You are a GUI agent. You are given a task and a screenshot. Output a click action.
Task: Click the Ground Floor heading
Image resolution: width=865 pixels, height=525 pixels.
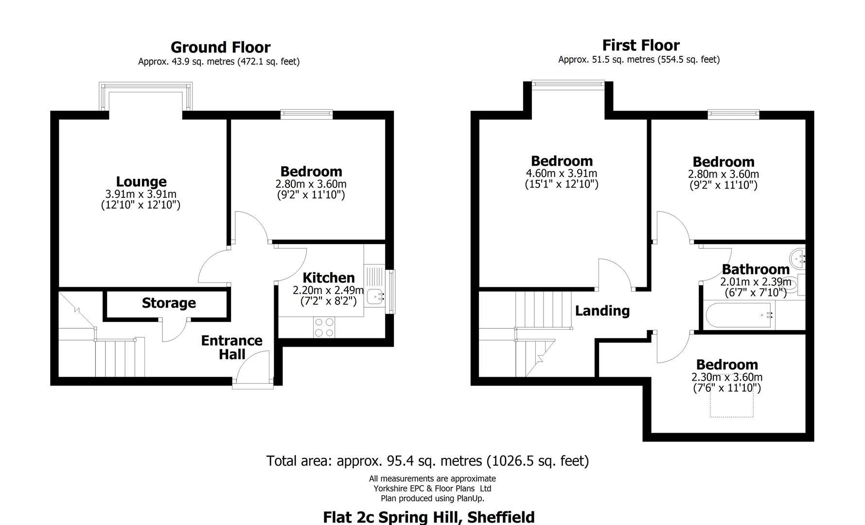point(220,47)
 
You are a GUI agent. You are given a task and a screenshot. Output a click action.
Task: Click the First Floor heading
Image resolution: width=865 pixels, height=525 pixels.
point(640,45)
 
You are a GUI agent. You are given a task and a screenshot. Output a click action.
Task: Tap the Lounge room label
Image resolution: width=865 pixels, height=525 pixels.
point(141,181)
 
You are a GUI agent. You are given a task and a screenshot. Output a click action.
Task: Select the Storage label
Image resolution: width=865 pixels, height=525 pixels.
point(169,303)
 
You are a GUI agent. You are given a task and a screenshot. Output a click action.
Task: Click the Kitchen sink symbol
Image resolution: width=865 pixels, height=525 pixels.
point(375,296)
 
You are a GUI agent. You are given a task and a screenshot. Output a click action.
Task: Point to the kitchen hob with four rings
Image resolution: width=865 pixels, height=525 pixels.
point(324,327)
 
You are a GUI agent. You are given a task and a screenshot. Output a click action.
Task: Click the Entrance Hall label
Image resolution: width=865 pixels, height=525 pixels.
point(232,347)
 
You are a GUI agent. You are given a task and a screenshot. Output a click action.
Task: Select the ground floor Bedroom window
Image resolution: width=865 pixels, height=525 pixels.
point(307,114)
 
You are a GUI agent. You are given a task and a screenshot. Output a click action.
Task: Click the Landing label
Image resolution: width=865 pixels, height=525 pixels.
point(602,311)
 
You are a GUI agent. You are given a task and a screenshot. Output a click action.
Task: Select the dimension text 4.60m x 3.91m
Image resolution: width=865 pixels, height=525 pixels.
point(562,174)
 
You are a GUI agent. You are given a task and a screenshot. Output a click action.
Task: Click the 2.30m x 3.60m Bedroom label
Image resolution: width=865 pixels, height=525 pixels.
point(727,365)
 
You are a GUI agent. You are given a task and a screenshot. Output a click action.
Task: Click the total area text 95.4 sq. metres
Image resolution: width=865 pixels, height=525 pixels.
point(427,460)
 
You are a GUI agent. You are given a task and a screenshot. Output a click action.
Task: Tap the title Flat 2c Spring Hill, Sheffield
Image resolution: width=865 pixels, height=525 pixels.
point(428,516)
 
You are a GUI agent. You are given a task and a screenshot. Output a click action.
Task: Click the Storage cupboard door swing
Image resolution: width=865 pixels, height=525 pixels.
point(174,331)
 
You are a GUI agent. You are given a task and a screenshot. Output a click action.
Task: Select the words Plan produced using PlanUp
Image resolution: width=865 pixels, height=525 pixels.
point(432,498)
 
